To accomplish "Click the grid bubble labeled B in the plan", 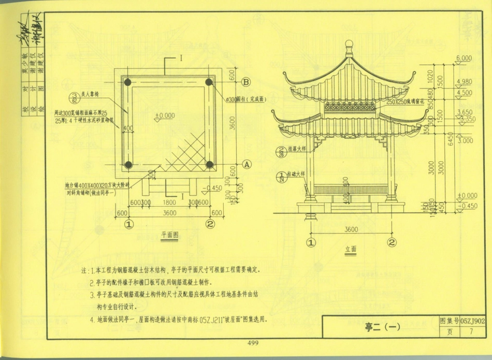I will [246, 82].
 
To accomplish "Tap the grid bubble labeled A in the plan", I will [246, 164].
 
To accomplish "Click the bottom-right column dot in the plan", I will [209, 164].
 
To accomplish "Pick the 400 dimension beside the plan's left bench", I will [127, 127].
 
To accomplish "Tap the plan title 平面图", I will [169, 235].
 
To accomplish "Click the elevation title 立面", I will [351, 249].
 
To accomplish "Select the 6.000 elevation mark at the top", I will [464, 57].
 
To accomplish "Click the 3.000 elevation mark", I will [466, 140].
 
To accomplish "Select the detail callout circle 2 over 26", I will [281, 151].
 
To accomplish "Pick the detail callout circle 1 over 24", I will [281, 177].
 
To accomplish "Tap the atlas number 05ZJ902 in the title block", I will [472, 321].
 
